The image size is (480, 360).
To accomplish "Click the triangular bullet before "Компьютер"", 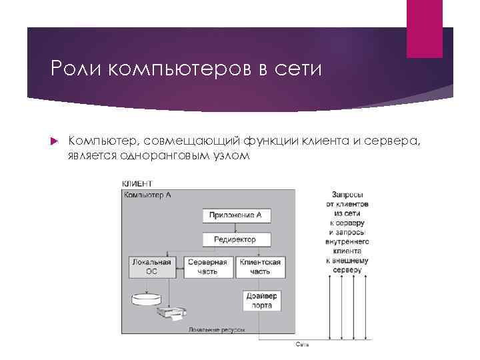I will coord(55,141).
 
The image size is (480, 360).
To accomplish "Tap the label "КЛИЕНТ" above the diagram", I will coord(137,183).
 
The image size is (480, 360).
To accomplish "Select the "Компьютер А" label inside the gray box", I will coord(147,195).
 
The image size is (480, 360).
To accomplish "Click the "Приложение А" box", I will coord(235,215).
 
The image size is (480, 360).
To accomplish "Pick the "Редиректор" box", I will coord(235,239).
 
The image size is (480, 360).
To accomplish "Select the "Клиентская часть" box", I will coord(260,267).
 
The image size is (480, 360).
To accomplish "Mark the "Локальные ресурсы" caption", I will coord(217,330).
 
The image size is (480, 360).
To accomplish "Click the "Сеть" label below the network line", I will coord(301,345).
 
